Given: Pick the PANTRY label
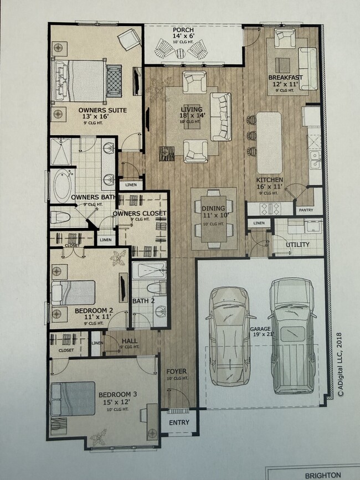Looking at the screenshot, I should (x=305, y=210).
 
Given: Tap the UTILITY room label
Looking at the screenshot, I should (x=297, y=244).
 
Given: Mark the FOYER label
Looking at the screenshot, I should (x=177, y=371).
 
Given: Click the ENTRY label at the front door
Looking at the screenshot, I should (x=178, y=422).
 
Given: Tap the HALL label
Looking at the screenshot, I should (x=128, y=342).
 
